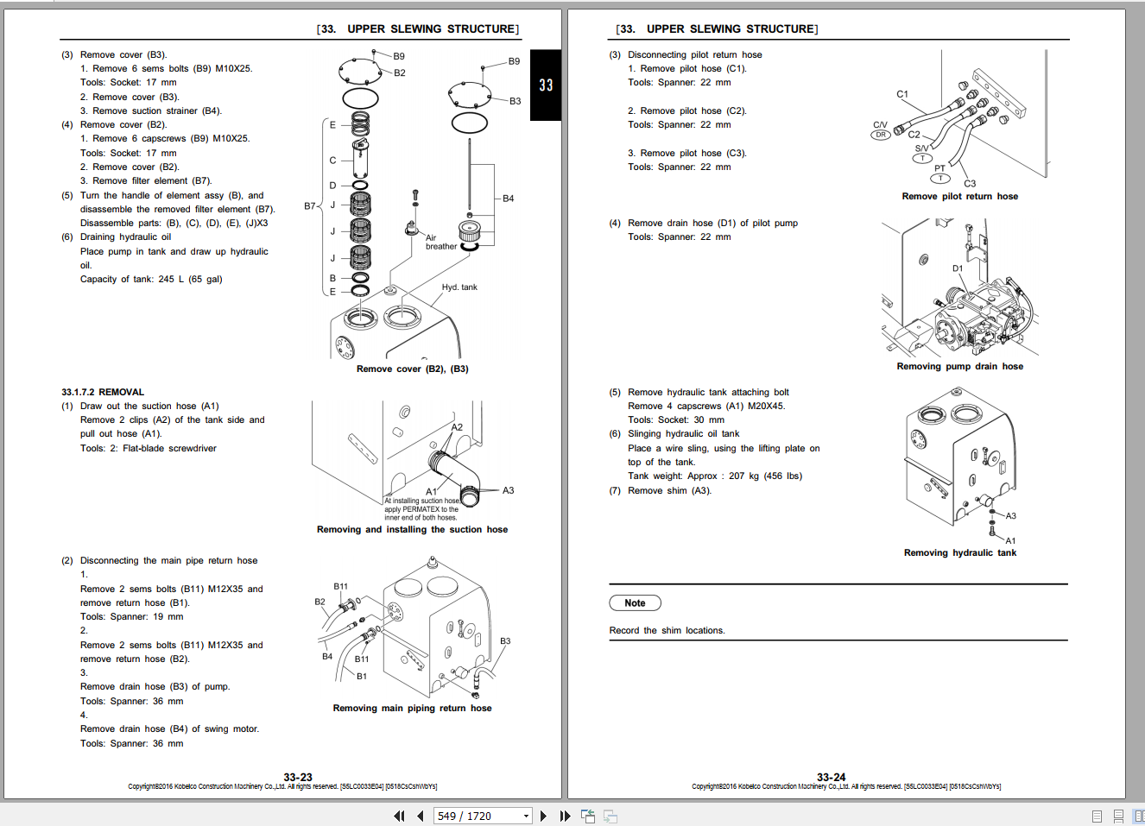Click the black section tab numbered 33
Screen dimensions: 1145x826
(546, 85)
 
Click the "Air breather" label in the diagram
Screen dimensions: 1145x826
(441, 242)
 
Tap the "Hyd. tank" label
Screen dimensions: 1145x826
(459, 287)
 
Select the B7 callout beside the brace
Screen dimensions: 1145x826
(310, 206)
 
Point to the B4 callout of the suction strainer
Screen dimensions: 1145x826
(508, 199)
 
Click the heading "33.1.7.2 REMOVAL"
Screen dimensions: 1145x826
(103, 392)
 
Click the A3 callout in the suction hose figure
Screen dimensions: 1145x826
(508, 490)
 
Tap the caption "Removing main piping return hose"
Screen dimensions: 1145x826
(412, 708)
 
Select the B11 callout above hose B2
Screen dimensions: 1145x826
(341, 586)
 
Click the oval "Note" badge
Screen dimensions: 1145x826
(635, 602)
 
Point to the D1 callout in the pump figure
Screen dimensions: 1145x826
(958, 268)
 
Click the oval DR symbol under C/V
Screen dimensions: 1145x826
(881, 135)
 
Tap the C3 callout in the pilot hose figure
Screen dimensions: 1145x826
(970, 183)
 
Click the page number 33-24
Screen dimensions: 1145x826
(832, 777)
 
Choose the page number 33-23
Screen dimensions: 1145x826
(298, 777)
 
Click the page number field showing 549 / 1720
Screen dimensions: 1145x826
(483, 816)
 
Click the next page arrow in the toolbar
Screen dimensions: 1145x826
(543, 816)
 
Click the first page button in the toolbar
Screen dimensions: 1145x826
(399, 816)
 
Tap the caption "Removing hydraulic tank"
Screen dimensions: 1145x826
(960, 552)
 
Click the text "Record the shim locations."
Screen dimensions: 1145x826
(667, 630)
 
